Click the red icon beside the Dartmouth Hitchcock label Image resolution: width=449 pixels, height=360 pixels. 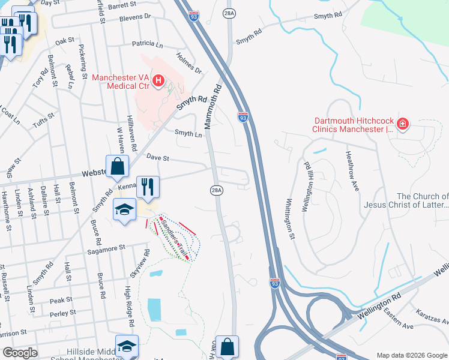(403, 124)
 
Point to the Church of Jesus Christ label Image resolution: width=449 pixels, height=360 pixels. (406, 200)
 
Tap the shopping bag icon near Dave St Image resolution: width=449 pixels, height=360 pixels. (118, 166)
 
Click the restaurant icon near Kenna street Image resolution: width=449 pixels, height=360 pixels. (147, 187)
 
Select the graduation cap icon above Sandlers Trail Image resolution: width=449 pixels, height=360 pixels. (125, 209)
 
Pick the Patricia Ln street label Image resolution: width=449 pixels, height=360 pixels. (147, 44)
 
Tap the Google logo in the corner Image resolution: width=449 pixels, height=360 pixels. (20, 353)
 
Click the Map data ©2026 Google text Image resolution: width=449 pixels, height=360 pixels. (411, 355)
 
